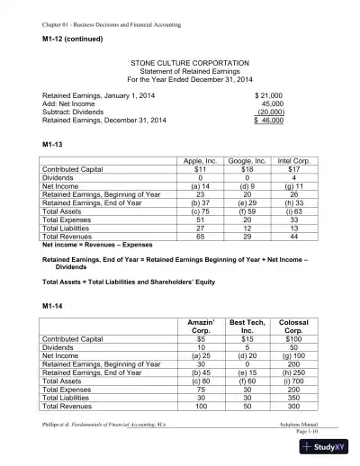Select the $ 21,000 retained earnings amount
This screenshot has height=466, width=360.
[x=270, y=94]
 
